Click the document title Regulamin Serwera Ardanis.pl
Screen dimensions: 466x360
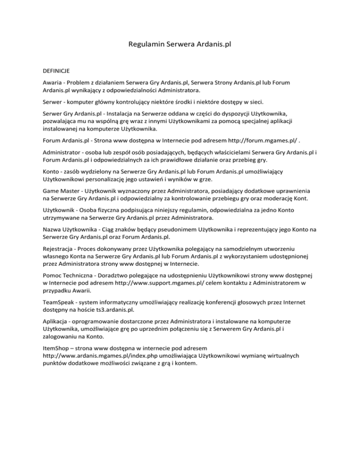coord(180,45)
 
